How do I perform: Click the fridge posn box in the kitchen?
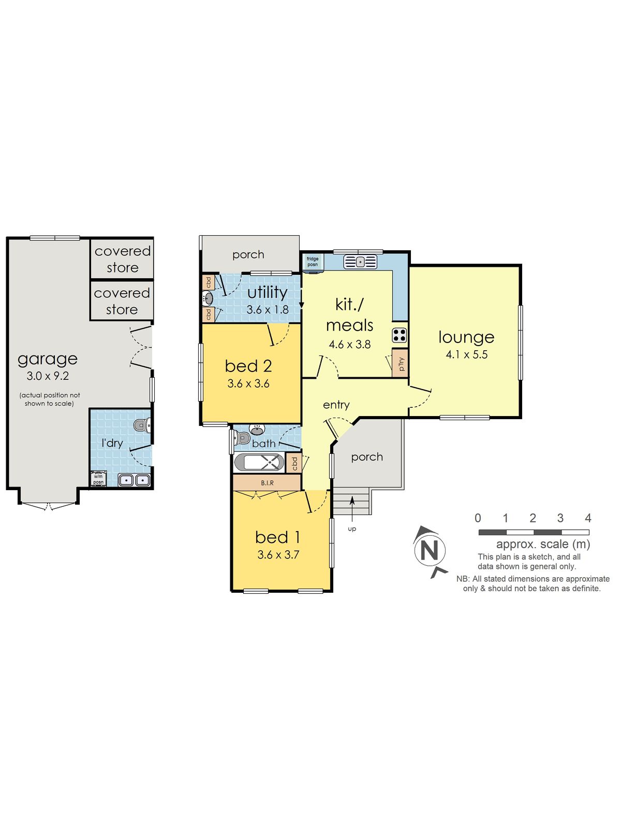pos(313,262)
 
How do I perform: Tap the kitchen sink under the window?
pos(360,261)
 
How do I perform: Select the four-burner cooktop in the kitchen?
pos(400,335)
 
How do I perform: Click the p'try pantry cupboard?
pos(400,363)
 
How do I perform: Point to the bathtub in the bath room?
pos(259,462)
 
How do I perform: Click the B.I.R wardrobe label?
pos(267,483)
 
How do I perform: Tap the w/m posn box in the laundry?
pos(98,479)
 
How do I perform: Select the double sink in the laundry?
pos(134,480)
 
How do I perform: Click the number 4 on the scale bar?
pos(588,518)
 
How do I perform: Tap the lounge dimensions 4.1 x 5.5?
pos(466,354)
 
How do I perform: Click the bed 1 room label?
pos(277,537)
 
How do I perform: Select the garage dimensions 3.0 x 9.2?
pos(48,376)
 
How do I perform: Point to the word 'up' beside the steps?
pos(352,529)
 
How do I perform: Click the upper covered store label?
pos(123,259)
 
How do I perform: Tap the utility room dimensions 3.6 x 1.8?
pos(268,310)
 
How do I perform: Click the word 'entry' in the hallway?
pos(336,405)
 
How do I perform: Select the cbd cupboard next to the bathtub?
pos(294,463)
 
